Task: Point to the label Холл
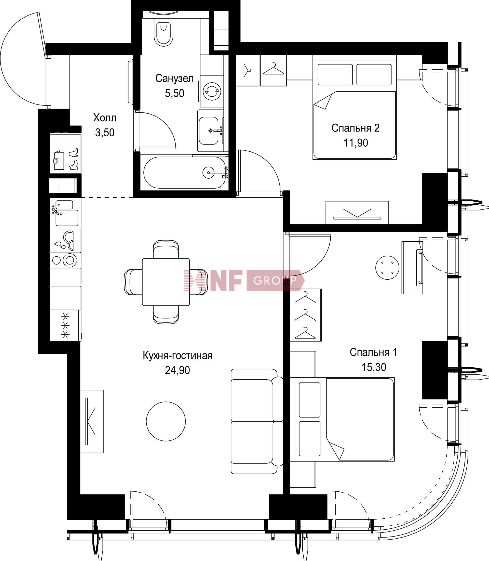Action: [105, 118]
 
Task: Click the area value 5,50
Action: [174, 93]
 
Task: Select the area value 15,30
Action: [374, 367]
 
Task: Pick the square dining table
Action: [166, 282]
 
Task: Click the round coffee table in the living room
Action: [166, 421]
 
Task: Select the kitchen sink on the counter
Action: [65, 214]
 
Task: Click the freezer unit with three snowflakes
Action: [65, 325]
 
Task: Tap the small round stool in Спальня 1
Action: [387, 268]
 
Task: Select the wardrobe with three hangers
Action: [306, 315]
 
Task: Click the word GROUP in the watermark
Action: [275, 280]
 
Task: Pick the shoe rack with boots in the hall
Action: [65, 154]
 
